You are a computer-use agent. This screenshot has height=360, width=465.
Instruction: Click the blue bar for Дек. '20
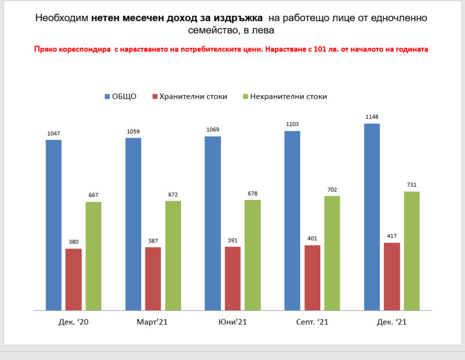click(54, 225)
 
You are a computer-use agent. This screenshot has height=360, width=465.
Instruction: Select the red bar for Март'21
click(153, 279)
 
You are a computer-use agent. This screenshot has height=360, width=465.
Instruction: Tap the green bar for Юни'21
click(252, 255)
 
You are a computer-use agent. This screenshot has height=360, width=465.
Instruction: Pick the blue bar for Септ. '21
click(292, 221)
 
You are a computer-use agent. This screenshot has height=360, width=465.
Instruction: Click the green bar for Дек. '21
click(412, 251)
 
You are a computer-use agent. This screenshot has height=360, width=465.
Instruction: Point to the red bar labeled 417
click(392, 276)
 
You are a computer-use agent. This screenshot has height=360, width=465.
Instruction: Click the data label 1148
click(372, 117)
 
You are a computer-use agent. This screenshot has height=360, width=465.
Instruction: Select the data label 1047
click(54, 133)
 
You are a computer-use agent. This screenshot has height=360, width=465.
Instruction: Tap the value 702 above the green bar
click(332, 190)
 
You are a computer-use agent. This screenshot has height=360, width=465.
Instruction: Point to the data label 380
click(73, 242)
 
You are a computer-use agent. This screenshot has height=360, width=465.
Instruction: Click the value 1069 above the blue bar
click(213, 130)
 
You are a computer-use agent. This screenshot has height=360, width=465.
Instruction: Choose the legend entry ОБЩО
click(120, 96)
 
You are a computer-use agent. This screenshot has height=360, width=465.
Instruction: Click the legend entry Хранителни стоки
click(190, 96)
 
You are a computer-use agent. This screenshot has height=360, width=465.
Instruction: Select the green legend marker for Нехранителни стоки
click(245, 96)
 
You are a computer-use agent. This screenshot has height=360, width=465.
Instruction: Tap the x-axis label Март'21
click(152, 322)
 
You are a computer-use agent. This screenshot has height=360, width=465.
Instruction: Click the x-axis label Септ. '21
click(312, 322)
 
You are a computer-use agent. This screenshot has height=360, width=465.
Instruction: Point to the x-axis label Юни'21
click(232, 322)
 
